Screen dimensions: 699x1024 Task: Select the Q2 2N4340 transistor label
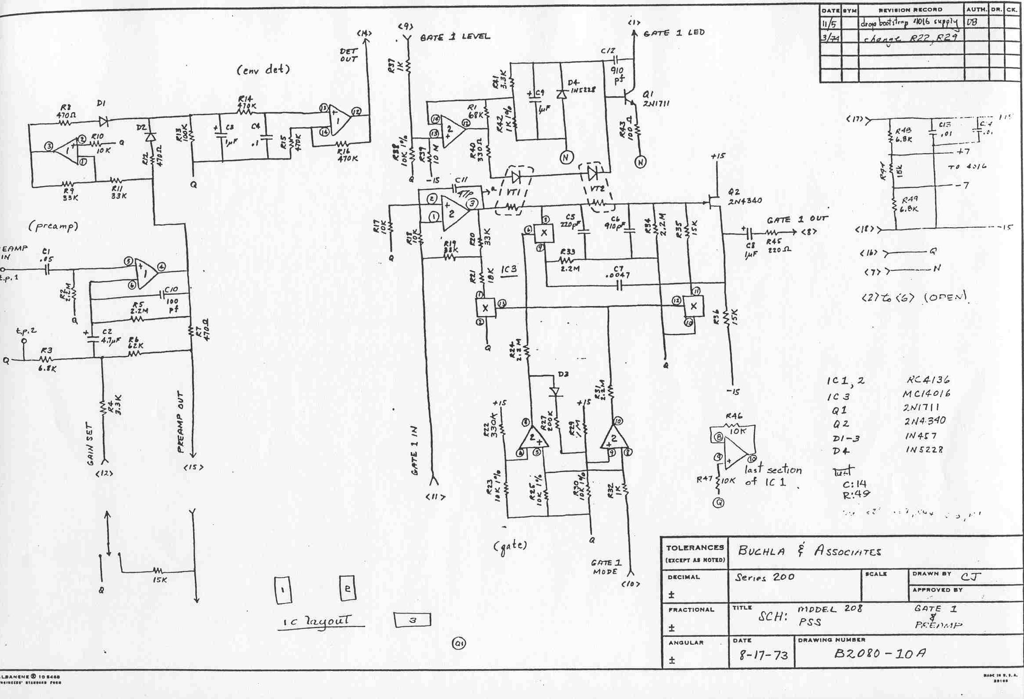[745, 197]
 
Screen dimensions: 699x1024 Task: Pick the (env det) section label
[263, 70]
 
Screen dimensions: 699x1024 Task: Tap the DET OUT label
[348, 55]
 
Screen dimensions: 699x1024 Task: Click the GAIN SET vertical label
[91, 443]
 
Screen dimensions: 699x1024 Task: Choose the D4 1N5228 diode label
[580, 85]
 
